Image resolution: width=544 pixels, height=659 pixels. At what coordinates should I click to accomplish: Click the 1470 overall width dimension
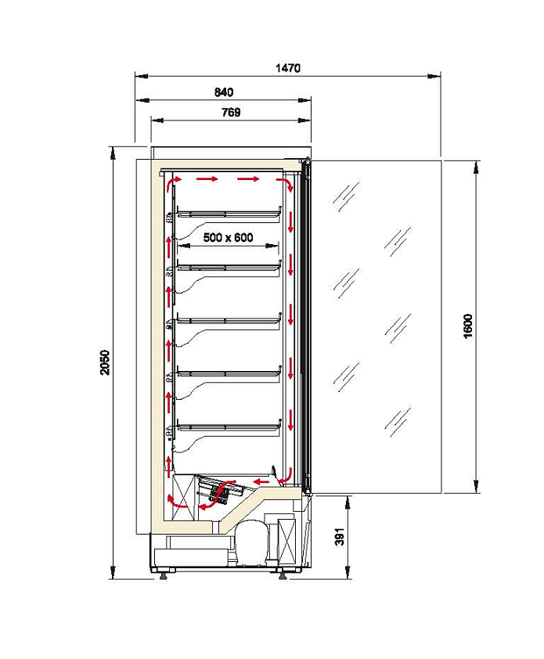[288, 68]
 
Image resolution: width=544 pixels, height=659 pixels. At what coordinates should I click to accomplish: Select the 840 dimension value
[224, 92]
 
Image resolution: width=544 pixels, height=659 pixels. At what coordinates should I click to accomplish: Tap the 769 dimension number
[231, 112]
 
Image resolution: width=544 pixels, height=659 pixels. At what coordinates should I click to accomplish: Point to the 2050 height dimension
[105, 362]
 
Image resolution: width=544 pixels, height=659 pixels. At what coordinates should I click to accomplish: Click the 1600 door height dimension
[467, 326]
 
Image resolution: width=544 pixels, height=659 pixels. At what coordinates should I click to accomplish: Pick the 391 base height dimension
[339, 537]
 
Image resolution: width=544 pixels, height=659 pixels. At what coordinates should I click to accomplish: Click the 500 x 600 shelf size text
[229, 237]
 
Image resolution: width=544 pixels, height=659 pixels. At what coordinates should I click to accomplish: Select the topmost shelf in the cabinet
[229, 214]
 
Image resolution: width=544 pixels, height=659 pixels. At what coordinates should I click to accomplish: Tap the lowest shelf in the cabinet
[229, 427]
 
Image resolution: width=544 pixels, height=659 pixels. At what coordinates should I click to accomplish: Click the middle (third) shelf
[229, 321]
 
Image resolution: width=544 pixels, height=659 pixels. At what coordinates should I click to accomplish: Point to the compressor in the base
[252, 542]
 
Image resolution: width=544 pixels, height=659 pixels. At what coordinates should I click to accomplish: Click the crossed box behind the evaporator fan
[184, 496]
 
